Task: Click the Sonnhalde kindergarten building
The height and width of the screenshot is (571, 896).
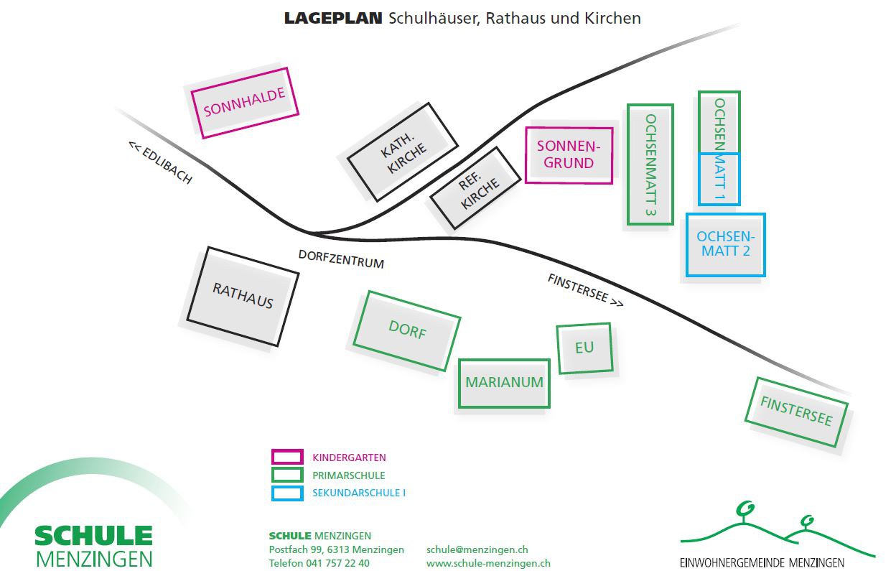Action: pyautogui.click(x=244, y=103)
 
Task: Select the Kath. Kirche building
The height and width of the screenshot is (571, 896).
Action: pyautogui.click(x=402, y=152)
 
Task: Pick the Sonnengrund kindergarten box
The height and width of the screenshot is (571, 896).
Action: pyautogui.click(x=569, y=155)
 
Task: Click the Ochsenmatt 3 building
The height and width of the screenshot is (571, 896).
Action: pyautogui.click(x=650, y=164)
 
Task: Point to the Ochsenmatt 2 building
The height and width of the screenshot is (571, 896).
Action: pyautogui.click(x=725, y=244)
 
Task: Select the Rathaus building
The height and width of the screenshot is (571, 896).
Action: pyautogui.click(x=243, y=296)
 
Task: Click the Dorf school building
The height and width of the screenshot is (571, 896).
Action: pyautogui.click(x=407, y=330)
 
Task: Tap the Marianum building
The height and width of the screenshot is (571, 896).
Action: pyautogui.click(x=504, y=383)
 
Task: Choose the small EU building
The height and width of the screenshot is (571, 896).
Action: pyautogui.click(x=584, y=348)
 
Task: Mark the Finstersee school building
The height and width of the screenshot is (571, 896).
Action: pyautogui.click(x=795, y=412)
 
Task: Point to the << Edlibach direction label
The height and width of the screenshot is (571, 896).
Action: pyautogui.click(x=160, y=162)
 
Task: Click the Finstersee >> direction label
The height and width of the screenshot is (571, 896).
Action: pyautogui.click(x=585, y=289)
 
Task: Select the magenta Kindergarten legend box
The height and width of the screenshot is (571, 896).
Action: pyautogui.click(x=286, y=457)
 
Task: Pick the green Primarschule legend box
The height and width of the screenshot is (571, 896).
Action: pyautogui.click(x=286, y=475)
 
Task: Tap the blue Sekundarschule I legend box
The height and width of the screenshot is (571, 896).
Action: pyautogui.click(x=286, y=493)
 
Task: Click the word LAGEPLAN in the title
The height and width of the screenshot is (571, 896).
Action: pyautogui.click(x=332, y=19)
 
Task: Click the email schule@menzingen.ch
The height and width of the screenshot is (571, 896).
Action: pyautogui.click(x=477, y=549)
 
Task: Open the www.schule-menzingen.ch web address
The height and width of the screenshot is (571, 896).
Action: pyautogui.click(x=488, y=563)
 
